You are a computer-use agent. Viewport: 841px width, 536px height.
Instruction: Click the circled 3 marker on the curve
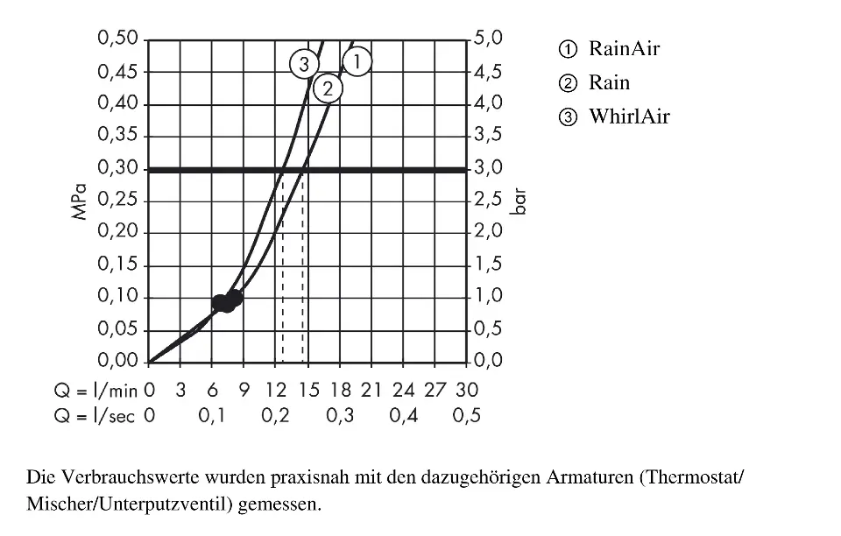point(303,64)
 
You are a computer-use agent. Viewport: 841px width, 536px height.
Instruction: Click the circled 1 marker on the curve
point(357,61)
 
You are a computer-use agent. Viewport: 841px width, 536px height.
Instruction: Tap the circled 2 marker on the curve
point(328,88)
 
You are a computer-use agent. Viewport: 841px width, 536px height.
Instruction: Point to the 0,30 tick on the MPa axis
point(118,168)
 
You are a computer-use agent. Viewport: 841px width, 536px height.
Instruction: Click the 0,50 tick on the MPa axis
point(118,39)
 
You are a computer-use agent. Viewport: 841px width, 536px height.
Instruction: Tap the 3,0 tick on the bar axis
point(488,168)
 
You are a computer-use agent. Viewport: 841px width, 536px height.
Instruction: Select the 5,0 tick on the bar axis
point(488,39)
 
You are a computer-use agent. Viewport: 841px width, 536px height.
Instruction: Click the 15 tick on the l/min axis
point(307,389)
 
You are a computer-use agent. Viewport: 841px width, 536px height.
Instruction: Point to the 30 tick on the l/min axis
point(467,389)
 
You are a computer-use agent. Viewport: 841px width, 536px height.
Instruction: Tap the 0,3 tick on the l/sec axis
point(340,416)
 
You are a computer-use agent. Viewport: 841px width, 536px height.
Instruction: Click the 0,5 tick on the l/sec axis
point(467,416)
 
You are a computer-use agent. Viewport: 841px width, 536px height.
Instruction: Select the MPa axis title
point(81,201)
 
